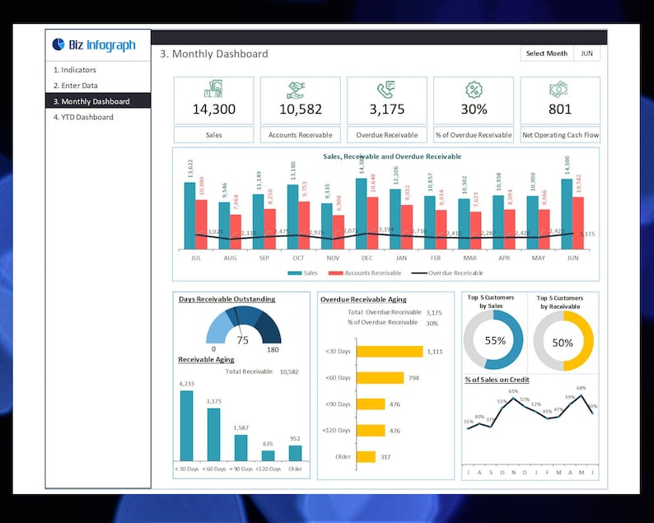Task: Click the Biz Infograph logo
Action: click(x=93, y=44)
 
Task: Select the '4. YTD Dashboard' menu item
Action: click(x=83, y=117)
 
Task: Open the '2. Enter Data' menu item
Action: click(x=76, y=86)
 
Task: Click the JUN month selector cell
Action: click(x=586, y=54)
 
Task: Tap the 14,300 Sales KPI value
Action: click(x=213, y=110)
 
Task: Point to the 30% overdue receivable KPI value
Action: click(x=474, y=110)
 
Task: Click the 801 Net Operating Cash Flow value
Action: click(x=560, y=110)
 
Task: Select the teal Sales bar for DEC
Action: click(x=361, y=214)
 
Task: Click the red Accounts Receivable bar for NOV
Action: click(x=339, y=227)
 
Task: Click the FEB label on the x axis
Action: click(x=435, y=258)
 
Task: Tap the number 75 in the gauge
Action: click(x=242, y=340)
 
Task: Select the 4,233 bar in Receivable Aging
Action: click(x=187, y=425)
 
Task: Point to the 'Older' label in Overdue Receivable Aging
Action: click(x=343, y=456)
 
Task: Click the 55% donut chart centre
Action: click(x=495, y=341)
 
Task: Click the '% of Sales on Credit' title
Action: click(x=497, y=379)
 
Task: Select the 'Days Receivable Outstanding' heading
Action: click(x=227, y=299)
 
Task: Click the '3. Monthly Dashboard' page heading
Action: click(x=214, y=54)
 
